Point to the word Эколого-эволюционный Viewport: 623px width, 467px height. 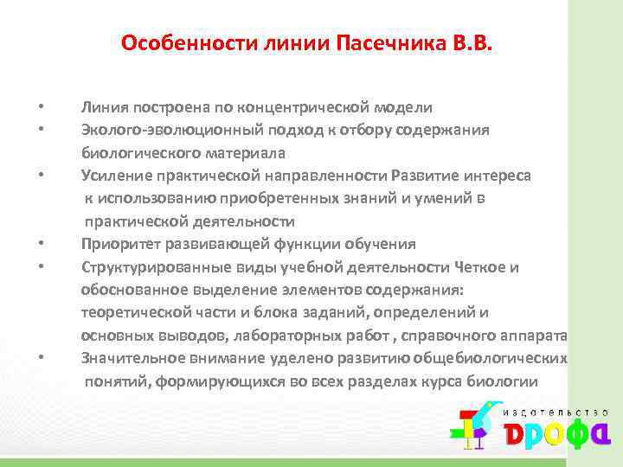(x=154, y=130)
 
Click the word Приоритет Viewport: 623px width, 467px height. (x=119, y=244)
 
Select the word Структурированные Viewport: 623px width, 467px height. (x=147, y=266)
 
